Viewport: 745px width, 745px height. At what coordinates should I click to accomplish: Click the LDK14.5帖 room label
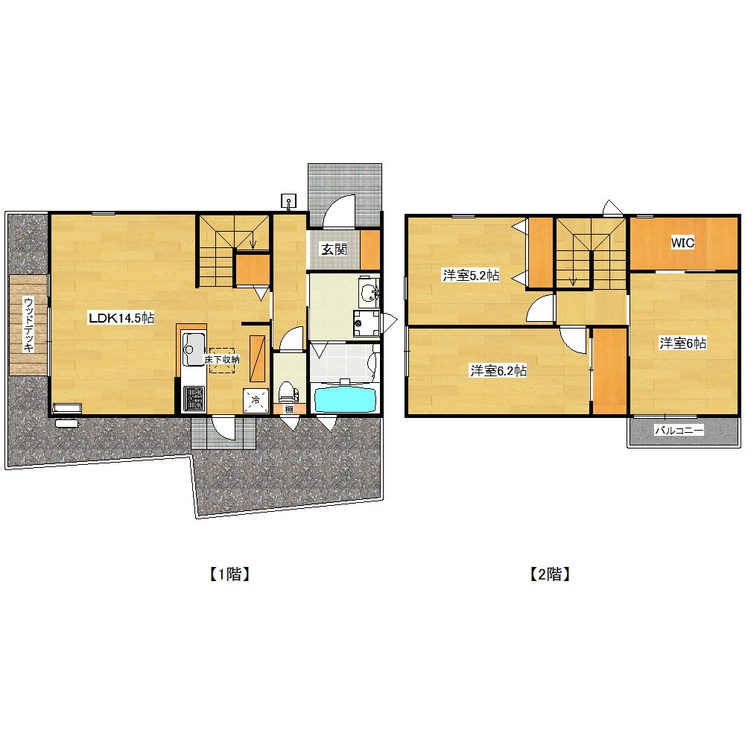tap(121, 317)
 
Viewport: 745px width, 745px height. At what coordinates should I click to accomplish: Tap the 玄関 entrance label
tap(334, 249)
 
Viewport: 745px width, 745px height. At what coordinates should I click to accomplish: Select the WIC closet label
tap(682, 243)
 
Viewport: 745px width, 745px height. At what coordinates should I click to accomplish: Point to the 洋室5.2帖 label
tap(470, 275)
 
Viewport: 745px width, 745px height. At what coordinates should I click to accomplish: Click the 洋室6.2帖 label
tap(498, 370)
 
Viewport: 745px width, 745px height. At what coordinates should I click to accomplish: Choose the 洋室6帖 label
tap(682, 343)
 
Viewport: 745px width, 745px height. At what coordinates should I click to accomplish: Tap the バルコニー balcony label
tap(679, 431)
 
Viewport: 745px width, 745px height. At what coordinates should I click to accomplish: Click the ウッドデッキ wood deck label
tap(28, 325)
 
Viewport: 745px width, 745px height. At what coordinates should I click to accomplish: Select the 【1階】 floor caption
tap(229, 574)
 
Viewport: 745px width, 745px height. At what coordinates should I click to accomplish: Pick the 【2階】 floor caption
tap(550, 574)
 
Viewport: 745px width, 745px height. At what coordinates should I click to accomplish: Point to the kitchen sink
tap(194, 349)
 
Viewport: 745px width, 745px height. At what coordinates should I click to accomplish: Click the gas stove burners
tap(194, 398)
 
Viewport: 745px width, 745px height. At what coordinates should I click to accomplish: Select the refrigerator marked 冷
tap(256, 400)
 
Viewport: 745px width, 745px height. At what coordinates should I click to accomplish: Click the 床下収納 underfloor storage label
tap(222, 360)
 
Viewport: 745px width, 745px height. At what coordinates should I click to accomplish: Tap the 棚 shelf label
tap(289, 408)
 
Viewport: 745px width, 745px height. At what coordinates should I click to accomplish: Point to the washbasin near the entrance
tap(370, 291)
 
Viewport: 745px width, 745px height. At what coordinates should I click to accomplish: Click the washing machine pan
tap(367, 323)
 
